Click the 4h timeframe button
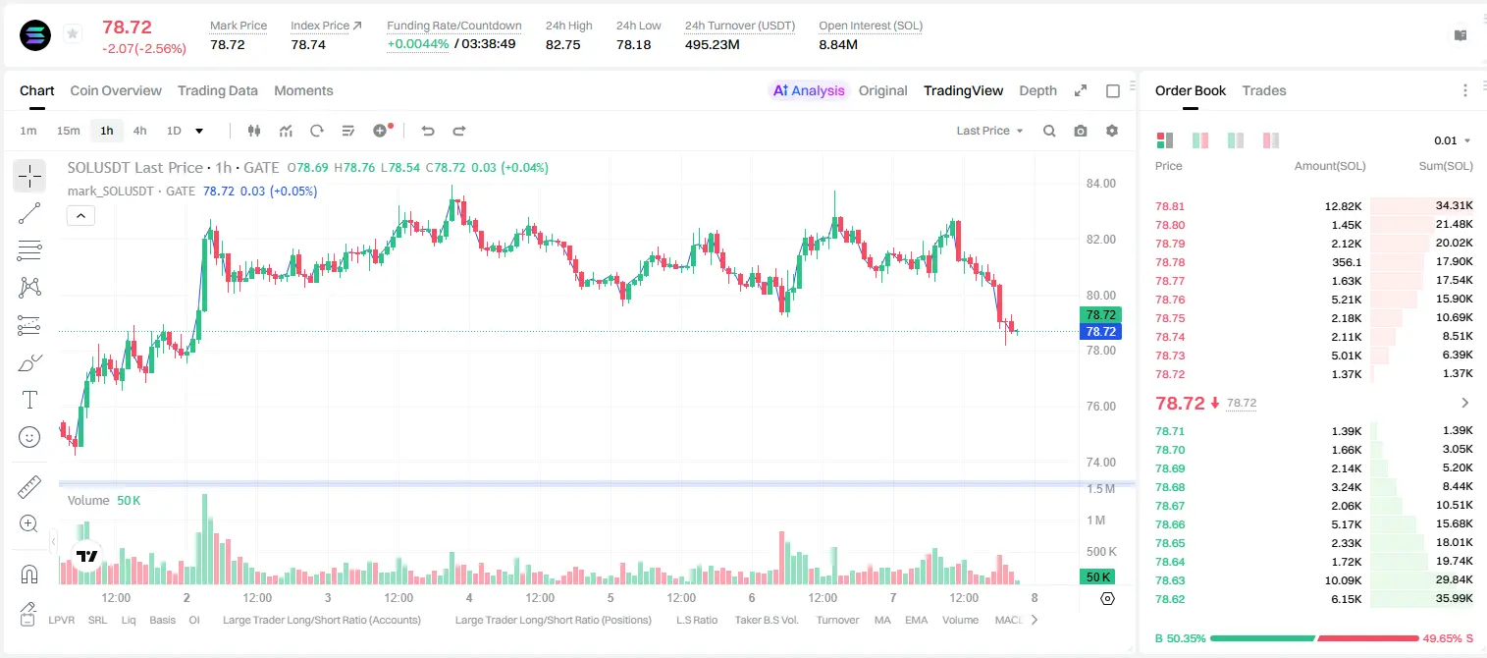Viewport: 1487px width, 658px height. (x=139, y=131)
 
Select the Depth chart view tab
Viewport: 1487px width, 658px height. (x=1037, y=90)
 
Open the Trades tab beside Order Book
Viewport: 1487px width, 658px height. (x=1264, y=90)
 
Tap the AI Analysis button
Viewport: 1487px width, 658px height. (x=809, y=90)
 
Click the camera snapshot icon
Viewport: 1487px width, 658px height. (x=1081, y=131)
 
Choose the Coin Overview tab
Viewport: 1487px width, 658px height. (x=116, y=90)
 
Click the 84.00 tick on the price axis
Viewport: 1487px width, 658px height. (x=1101, y=184)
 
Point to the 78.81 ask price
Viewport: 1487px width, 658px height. (x=1170, y=206)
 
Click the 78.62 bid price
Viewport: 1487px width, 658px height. (x=1170, y=599)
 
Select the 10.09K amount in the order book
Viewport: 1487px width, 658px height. (x=1343, y=580)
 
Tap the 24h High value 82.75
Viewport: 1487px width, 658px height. (x=563, y=44)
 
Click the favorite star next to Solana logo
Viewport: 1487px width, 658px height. (x=73, y=34)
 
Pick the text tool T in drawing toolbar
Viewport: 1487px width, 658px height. (x=29, y=400)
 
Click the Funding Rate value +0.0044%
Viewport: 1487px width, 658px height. (x=418, y=44)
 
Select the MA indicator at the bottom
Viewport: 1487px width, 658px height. (x=882, y=620)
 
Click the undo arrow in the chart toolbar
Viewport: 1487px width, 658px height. (x=428, y=131)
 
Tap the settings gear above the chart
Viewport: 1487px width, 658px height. (x=1112, y=131)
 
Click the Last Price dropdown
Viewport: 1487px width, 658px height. (x=989, y=131)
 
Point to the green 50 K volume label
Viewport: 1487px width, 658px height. (x=1097, y=577)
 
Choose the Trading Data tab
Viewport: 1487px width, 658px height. (x=218, y=90)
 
